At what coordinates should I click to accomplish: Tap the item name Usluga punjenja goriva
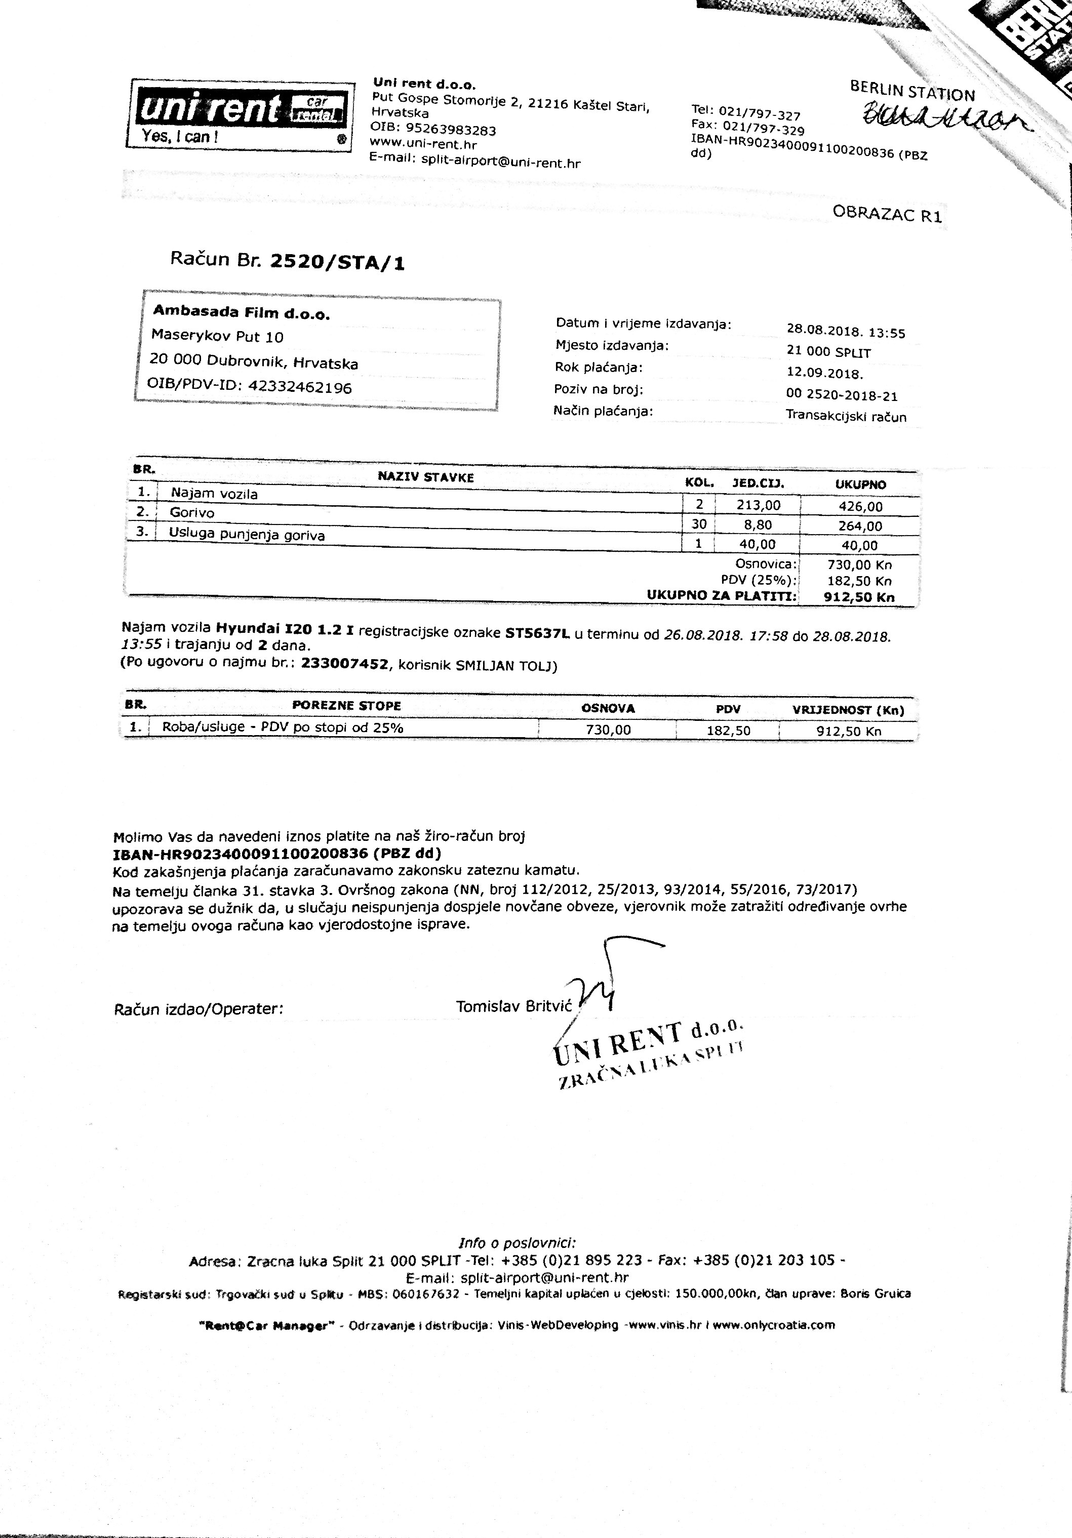pos(247,535)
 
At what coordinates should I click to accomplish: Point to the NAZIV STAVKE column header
pos(425,477)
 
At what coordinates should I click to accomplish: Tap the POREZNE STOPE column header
pos(346,705)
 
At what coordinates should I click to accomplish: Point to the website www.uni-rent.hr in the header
pos(423,143)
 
